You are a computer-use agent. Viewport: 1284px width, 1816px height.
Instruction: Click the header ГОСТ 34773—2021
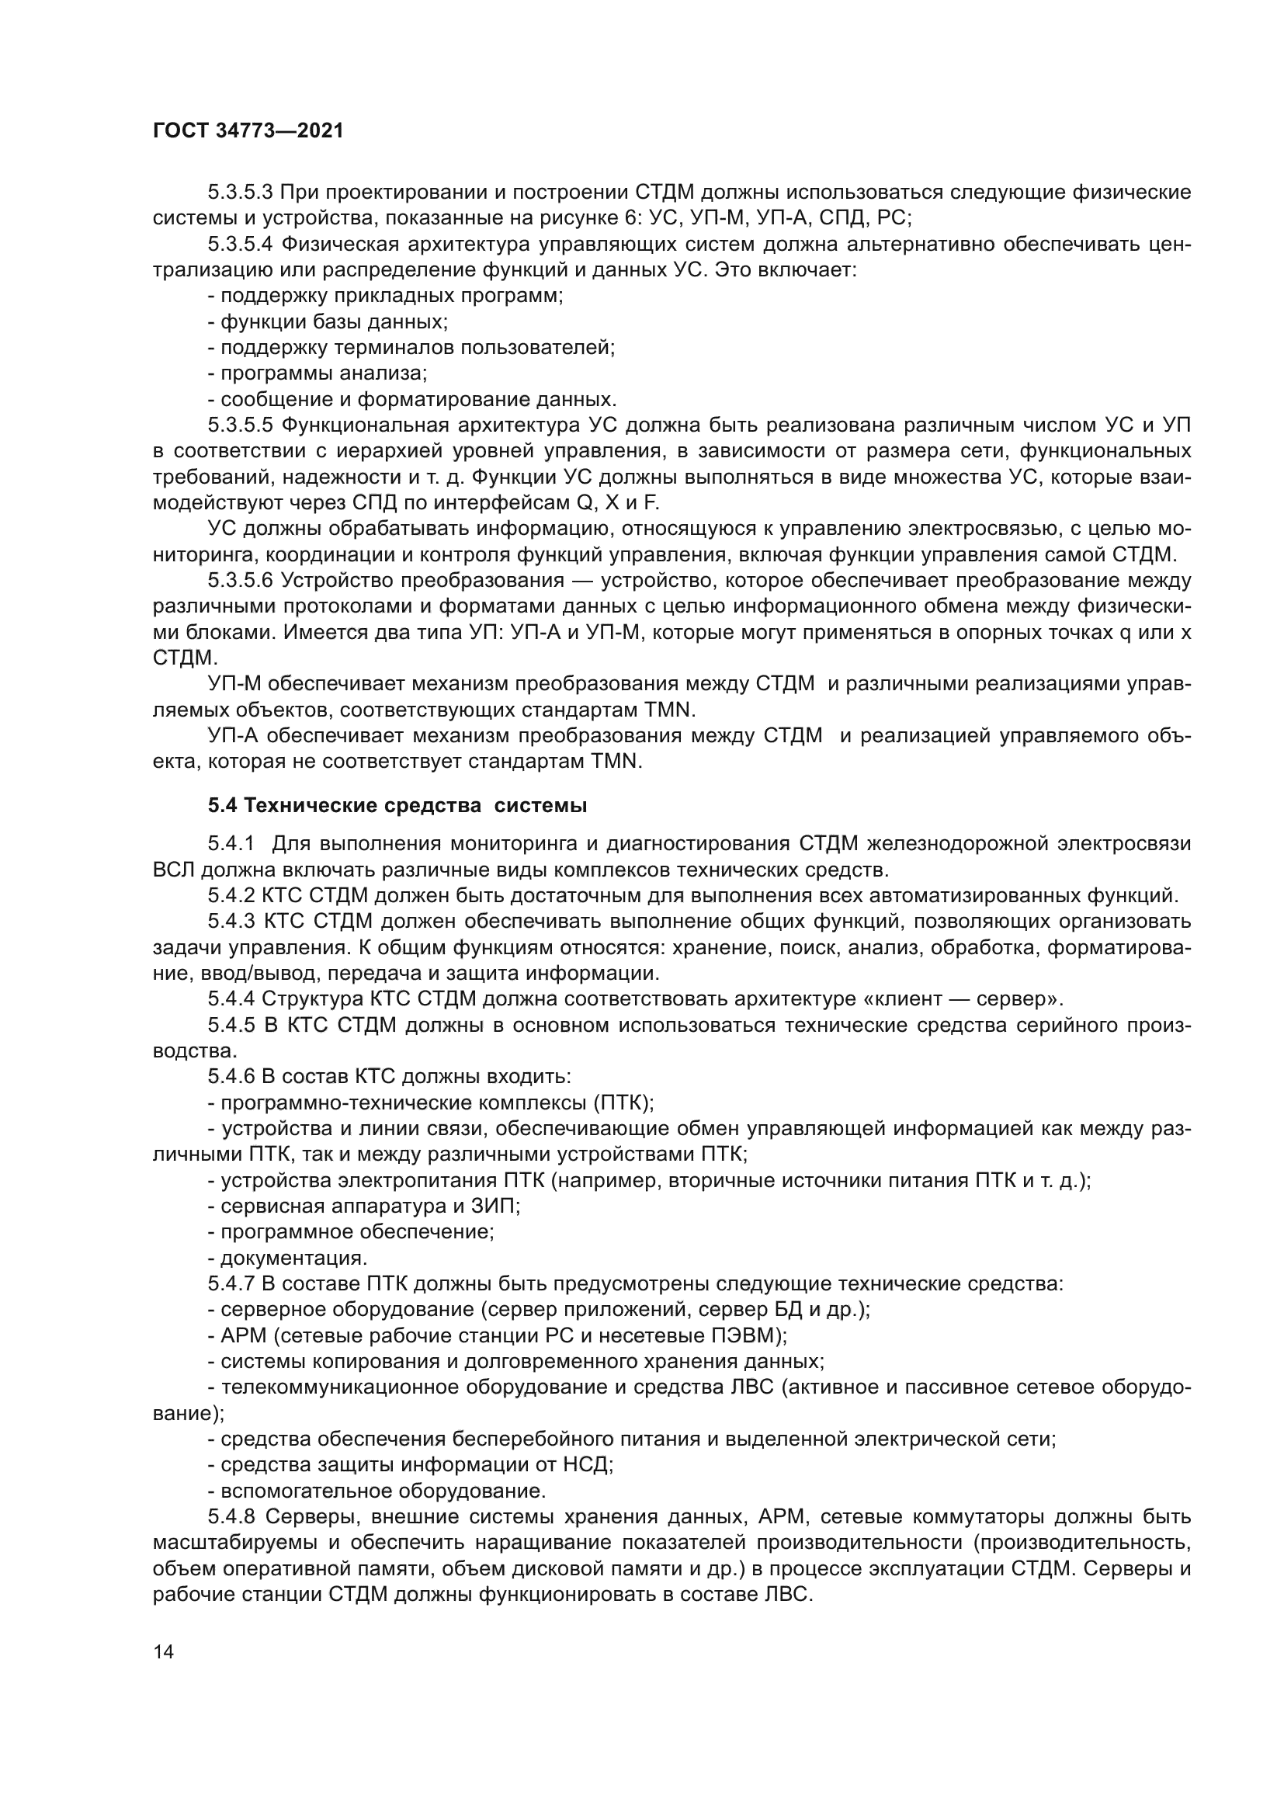coord(248,131)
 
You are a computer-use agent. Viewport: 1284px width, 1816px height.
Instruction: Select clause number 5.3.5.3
coord(241,193)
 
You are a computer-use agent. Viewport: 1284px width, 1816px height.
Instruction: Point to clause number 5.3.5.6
coord(241,581)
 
